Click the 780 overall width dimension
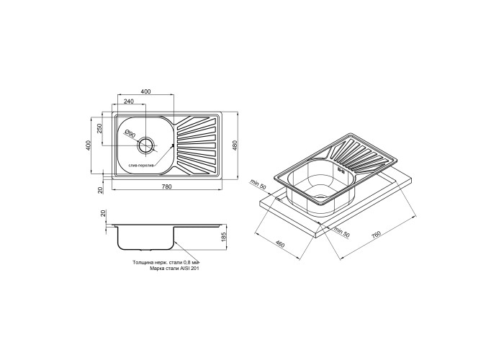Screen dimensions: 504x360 click(x=167, y=186)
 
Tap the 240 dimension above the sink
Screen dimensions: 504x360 click(x=129, y=102)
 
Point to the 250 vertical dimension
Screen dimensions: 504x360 click(x=99, y=129)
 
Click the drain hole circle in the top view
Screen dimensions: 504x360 click(x=146, y=145)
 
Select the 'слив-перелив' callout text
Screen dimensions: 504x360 click(x=141, y=165)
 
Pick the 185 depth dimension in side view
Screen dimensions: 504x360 click(x=225, y=238)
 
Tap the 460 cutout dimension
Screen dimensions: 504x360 click(x=280, y=245)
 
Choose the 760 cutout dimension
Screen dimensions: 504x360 click(x=376, y=234)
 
